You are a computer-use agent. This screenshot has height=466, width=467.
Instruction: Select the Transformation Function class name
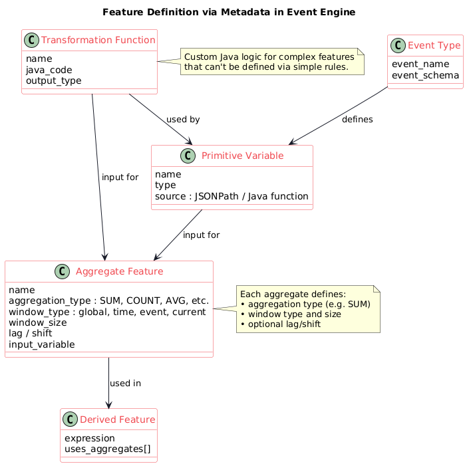[x=98, y=41]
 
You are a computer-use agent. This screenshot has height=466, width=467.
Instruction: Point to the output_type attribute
[x=53, y=80]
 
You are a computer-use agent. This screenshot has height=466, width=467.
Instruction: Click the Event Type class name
[x=432, y=46]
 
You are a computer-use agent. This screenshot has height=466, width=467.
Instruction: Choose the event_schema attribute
[x=426, y=75]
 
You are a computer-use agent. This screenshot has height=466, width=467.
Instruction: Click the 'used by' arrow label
[x=183, y=119]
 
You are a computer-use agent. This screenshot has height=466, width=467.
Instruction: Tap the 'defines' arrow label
[x=357, y=119]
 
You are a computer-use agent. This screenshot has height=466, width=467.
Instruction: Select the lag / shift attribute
[x=35, y=333]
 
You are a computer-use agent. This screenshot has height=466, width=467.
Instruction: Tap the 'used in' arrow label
[x=125, y=384]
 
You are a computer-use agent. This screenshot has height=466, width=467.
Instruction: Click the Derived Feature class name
[x=117, y=419]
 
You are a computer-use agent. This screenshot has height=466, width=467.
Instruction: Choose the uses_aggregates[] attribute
[x=107, y=449]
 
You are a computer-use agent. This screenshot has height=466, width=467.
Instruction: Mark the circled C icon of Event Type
[x=398, y=46]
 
